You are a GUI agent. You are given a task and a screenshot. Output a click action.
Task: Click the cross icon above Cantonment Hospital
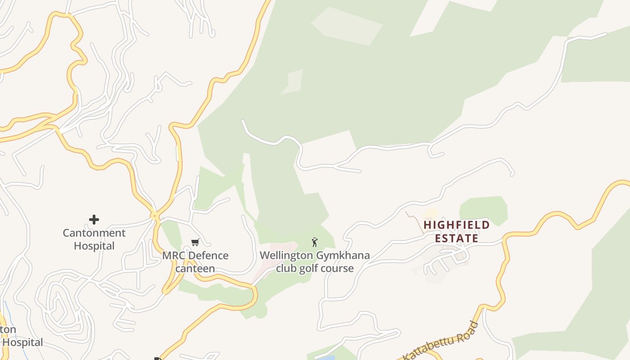[x=94, y=220]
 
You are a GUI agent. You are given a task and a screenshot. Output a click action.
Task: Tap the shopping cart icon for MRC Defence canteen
[x=195, y=243]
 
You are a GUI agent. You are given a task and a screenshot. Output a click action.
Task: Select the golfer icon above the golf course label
[x=315, y=242]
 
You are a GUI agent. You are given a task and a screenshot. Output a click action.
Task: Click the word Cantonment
[x=94, y=233]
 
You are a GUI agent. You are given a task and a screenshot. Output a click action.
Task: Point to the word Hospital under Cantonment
[x=94, y=246]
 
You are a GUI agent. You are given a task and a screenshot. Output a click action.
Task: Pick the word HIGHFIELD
[x=456, y=225]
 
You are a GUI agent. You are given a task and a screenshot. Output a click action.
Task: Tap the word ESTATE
[x=456, y=238]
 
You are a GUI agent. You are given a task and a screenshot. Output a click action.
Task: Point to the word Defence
[x=208, y=256]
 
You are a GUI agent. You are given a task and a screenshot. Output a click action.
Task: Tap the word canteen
[x=195, y=269]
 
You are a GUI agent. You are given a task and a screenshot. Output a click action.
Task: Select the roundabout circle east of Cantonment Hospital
[x=155, y=216]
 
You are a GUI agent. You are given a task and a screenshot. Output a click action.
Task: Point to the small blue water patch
[x=326, y=358]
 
